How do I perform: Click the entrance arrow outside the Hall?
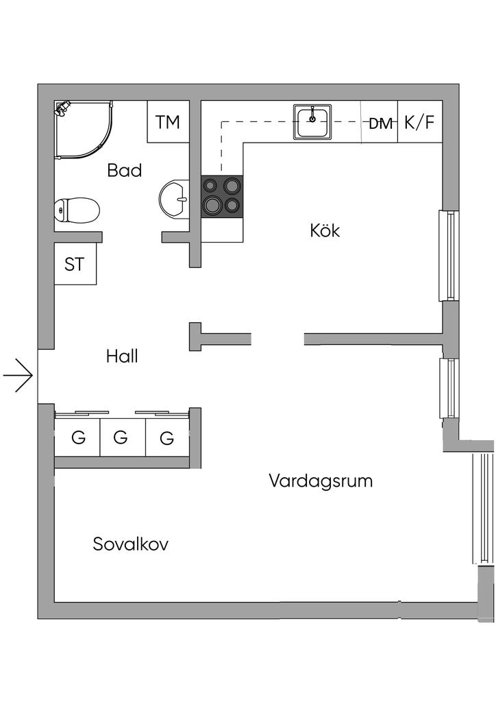coord(18,375)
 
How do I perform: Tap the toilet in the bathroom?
coord(77,210)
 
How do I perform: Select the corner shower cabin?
coord(83,130)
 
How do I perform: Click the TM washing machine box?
coord(168,122)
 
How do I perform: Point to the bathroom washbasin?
coord(175,200)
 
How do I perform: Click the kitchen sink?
coord(312,122)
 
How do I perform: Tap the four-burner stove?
coord(222,197)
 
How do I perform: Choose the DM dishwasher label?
coord(380,123)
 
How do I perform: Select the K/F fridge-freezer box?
coord(420,122)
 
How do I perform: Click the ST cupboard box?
coord(75,264)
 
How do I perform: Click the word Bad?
coord(124,170)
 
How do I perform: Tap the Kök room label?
coord(325,230)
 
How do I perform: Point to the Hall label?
coord(122,356)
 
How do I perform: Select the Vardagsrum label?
coord(321,481)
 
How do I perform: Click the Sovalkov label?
coord(131,544)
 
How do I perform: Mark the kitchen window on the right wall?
coord(449,255)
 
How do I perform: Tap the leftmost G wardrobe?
coord(77,437)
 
